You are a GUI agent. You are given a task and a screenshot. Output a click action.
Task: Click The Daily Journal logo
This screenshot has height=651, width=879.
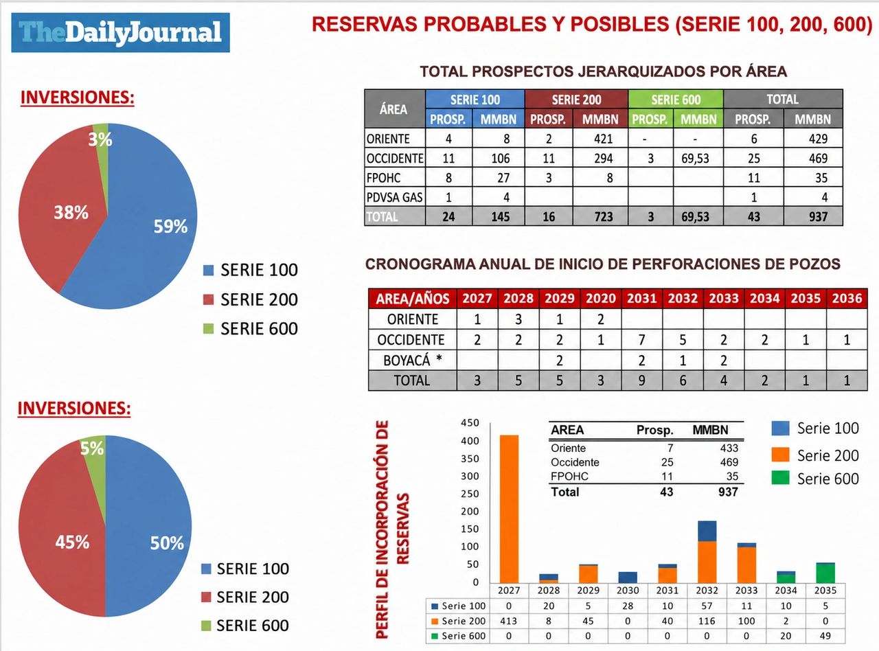[120, 32]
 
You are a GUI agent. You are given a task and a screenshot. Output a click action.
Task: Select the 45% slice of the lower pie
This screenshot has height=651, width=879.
[63, 532]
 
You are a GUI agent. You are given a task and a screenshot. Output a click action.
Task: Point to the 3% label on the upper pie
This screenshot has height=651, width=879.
[100, 139]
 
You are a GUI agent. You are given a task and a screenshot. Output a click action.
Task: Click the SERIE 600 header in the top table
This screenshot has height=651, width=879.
[676, 99]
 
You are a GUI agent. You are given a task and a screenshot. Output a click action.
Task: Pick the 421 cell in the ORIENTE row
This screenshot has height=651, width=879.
[603, 139]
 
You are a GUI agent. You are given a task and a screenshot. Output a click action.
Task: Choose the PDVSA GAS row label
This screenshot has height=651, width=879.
[395, 197]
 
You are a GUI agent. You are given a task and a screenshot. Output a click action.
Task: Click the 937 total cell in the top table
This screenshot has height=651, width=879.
[818, 216]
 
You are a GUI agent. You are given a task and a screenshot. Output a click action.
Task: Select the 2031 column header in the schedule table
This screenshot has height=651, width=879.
[641, 298]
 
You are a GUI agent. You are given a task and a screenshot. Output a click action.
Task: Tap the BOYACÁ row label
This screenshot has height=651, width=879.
[413, 360]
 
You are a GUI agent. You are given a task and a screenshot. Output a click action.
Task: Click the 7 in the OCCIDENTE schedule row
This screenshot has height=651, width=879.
[641, 340]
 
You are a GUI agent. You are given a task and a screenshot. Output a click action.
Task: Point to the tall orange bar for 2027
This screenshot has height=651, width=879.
[509, 509]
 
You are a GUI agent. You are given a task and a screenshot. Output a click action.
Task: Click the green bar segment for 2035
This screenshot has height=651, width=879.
[825, 573]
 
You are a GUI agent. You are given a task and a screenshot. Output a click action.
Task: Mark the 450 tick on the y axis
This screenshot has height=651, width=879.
[470, 422]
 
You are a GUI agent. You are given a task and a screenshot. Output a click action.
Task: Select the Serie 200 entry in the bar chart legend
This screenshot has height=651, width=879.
[815, 455]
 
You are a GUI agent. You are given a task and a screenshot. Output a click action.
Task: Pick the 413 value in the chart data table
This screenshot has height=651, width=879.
[508, 621]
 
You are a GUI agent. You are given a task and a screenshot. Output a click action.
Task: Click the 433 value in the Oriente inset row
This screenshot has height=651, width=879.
[729, 448]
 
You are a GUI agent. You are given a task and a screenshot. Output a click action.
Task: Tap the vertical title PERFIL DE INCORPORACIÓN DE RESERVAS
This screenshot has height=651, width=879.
[392, 529]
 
